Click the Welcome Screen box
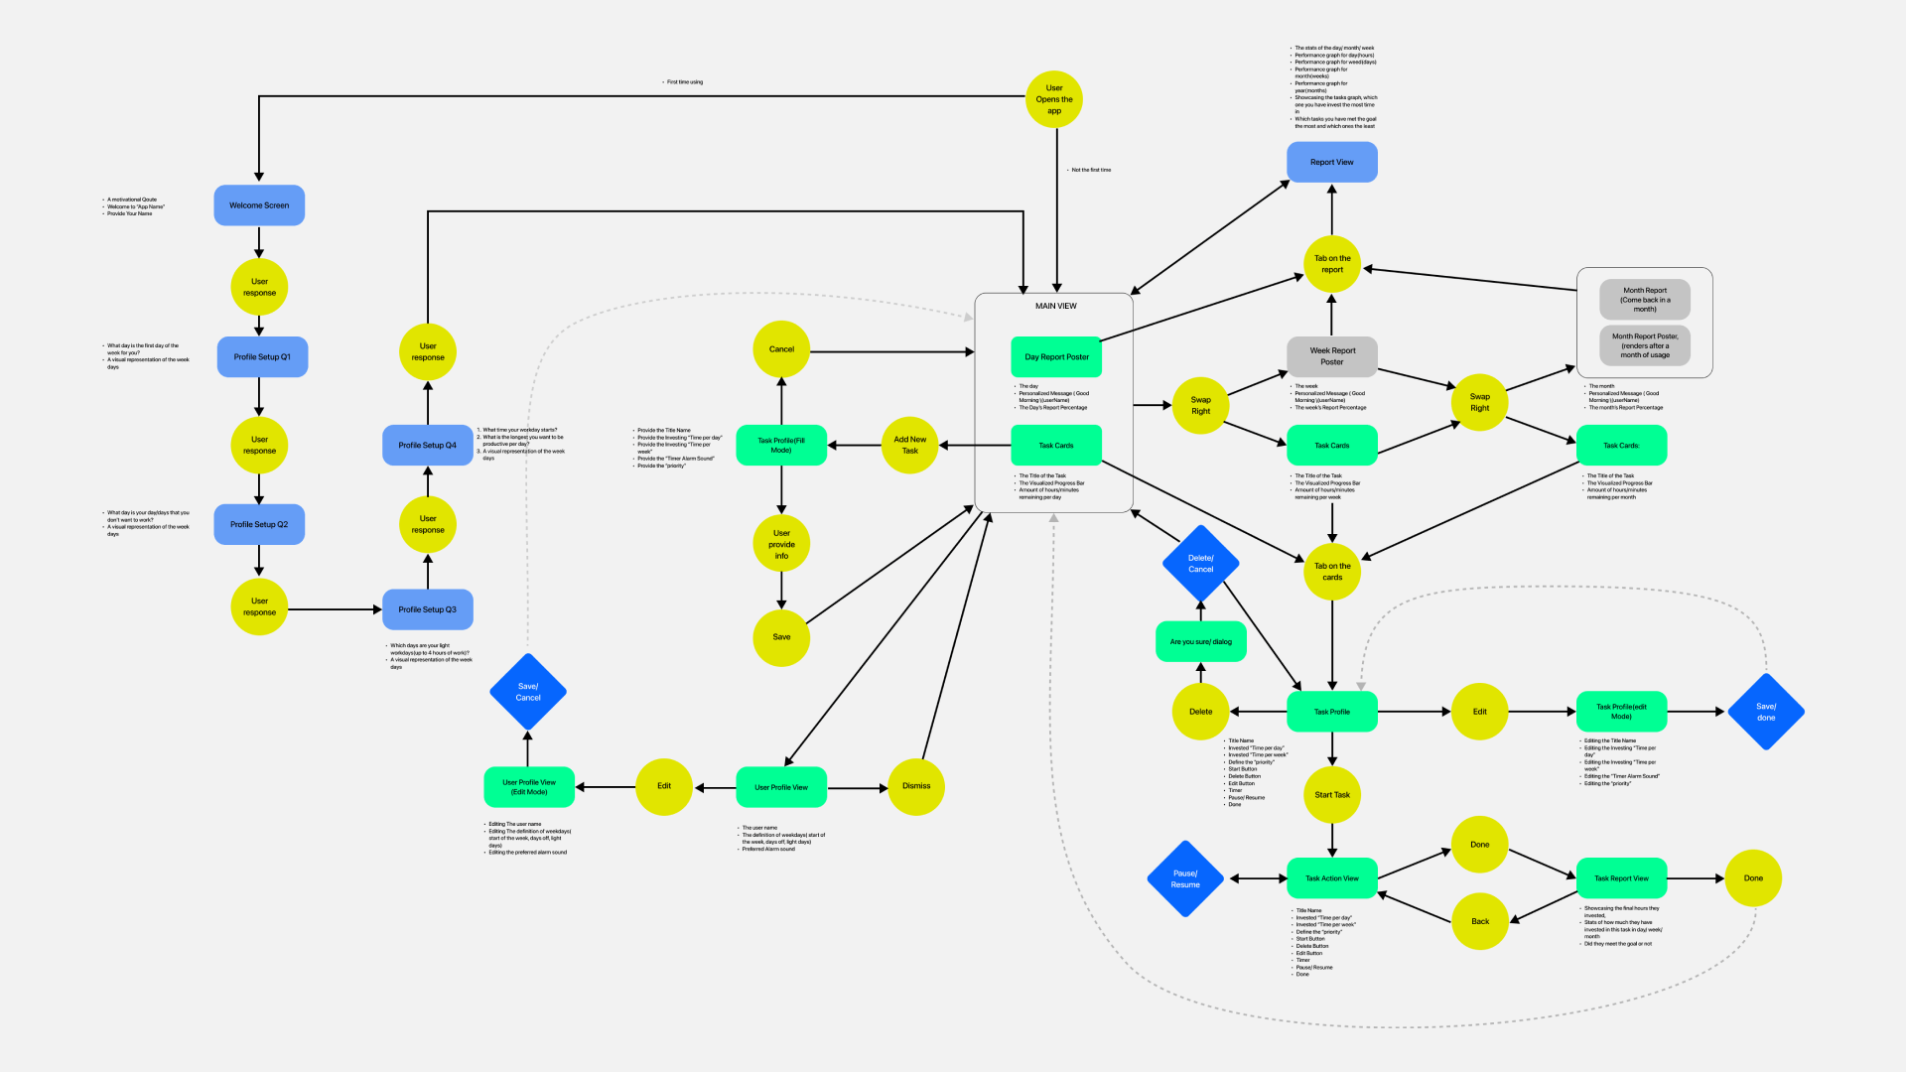pyautogui.click(x=259, y=205)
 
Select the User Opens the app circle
pyautogui.click(x=1053, y=99)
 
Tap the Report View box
pyautogui.click(x=1331, y=162)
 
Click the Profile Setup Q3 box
pyautogui.click(x=427, y=609)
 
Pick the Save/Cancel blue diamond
pyautogui.click(x=528, y=692)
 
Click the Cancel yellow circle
pyautogui.click(x=781, y=349)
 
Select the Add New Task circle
pyautogui.click(x=909, y=445)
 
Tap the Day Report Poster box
pyautogui.click(x=1056, y=356)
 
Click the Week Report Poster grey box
pyautogui.click(x=1331, y=356)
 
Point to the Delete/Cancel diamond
pyautogui.click(x=1200, y=564)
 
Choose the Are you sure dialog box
pyautogui.click(x=1200, y=641)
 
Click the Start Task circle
pyautogui.click(x=1331, y=794)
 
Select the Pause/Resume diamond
pyautogui.click(x=1185, y=878)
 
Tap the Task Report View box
pyautogui.click(x=1620, y=878)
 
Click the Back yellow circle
pyautogui.click(x=1479, y=921)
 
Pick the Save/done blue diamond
pyautogui.click(x=1765, y=712)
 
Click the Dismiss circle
pyautogui.click(x=915, y=786)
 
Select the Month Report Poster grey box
pyautogui.click(x=1644, y=345)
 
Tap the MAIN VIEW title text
pyautogui.click(x=1055, y=306)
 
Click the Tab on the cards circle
pyautogui.click(x=1331, y=572)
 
